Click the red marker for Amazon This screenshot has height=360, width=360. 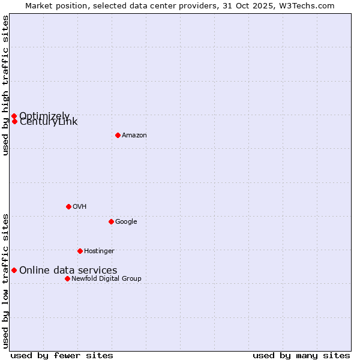[118, 135]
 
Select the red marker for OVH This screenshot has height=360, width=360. [68, 206]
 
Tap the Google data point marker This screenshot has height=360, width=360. [111, 221]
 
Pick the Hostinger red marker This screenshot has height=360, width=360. [80, 251]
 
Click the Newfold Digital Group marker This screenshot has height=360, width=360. [67, 278]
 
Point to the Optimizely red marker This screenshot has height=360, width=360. [14, 116]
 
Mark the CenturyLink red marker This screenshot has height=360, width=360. [14, 121]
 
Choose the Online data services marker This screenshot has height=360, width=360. [14, 270]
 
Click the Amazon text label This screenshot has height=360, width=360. [134, 136]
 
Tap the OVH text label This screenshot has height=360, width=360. [80, 207]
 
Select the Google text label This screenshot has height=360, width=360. [126, 222]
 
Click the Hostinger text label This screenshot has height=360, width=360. [99, 251]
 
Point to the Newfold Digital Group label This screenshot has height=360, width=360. [106, 279]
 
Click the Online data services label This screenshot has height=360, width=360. [68, 271]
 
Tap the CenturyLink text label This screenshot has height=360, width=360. [49, 122]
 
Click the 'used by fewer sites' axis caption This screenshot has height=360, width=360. [62, 355]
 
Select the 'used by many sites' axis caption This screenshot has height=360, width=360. [301, 355]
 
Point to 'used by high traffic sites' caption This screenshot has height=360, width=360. [5, 85]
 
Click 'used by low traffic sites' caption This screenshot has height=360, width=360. [5, 280]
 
